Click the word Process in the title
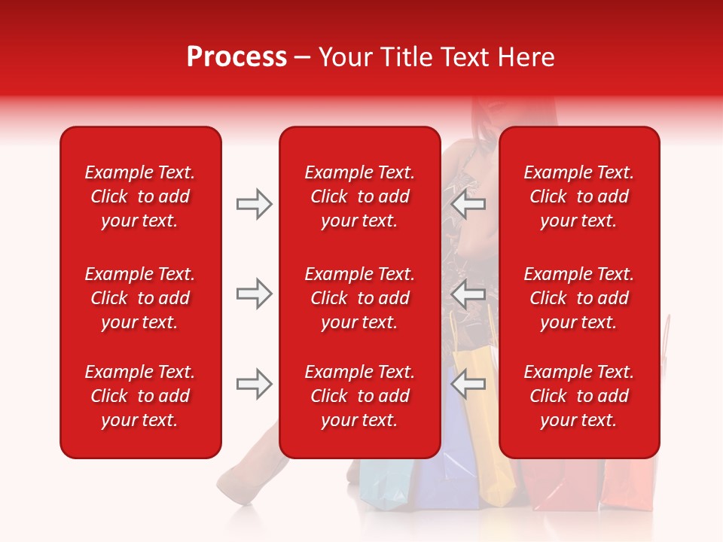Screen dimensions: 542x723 [236, 57]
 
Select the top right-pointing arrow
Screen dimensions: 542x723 [255, 204]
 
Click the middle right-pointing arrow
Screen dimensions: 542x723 [255, 294]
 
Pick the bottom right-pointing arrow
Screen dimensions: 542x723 [255, 384]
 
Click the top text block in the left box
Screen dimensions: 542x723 [140, 196]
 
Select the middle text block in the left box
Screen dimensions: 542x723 [140, 298]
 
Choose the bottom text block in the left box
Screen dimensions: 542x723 [140, 396]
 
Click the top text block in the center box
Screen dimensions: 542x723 [359, 196]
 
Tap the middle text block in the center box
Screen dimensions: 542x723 [359, 298]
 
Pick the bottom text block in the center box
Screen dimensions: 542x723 [359, 396]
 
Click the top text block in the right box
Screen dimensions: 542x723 [578, 196]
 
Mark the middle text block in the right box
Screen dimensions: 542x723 [578, 298]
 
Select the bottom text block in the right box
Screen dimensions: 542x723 [578, 396]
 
